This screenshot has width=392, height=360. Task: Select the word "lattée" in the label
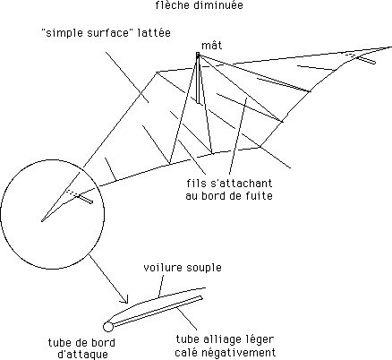point(154,32)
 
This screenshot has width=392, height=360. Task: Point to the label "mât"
point(212,46)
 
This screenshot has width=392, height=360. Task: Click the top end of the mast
point(198,53)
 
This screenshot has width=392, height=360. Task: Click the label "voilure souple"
point(183,268)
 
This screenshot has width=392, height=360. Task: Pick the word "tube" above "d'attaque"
point(60,342)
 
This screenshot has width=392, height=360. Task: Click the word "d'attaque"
point(82,355)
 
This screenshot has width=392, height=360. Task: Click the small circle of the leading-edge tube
point(108,327)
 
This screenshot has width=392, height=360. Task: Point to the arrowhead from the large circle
point(125,300)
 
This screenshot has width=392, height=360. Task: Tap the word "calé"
point(184,352)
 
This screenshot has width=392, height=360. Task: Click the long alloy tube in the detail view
point(158,311)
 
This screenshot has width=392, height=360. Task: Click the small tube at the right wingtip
point(366,60)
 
